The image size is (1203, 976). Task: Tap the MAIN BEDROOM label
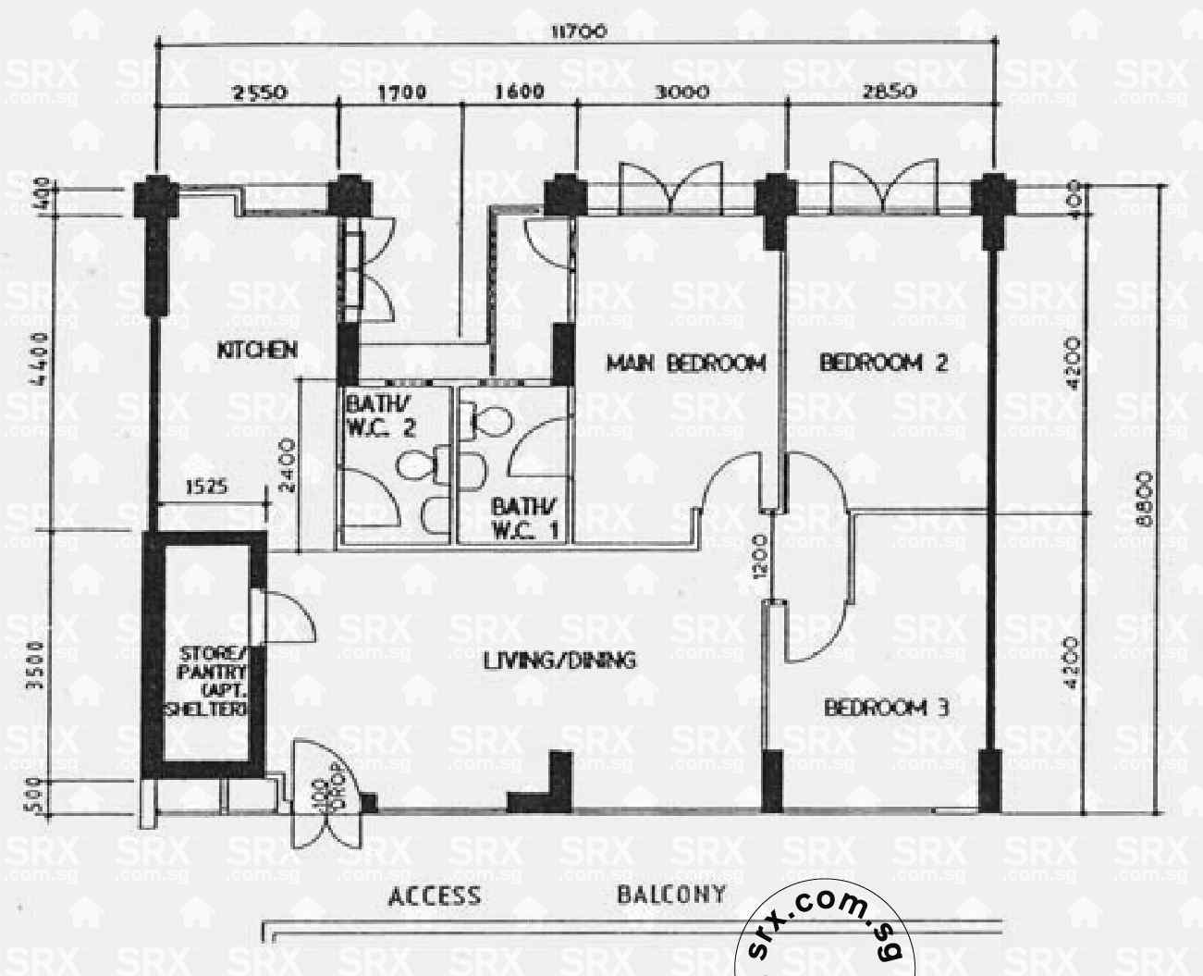pos(686,363)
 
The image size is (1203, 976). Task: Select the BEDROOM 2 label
pos(883,363)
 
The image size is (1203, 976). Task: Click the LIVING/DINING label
pos(559,661)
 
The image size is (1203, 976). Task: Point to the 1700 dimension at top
pos(401,93)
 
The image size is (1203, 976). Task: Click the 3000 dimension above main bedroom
pos(682,93)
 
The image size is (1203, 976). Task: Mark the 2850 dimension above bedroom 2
pos(889,93)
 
